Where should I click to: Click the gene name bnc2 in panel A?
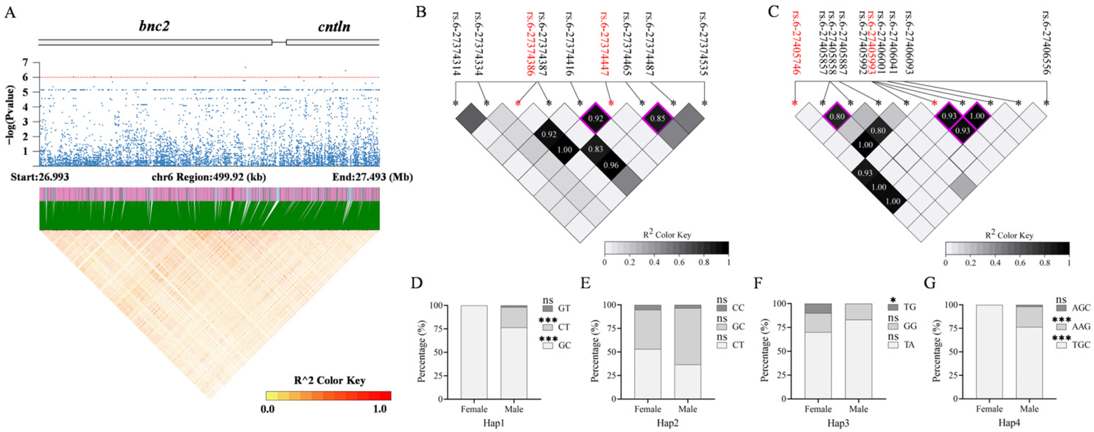coord(154,26)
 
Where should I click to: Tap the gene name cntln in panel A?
coord(334,26)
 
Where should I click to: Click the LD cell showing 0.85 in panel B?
coord(657,118)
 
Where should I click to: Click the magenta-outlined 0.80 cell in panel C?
coord(837,116)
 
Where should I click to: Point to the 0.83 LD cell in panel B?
coord(595,149)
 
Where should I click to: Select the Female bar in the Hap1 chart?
coord(474,352)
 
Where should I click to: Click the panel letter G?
coord(930,283)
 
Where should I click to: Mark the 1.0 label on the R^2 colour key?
coord(380,409)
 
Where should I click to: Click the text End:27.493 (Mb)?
coord(372,177)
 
